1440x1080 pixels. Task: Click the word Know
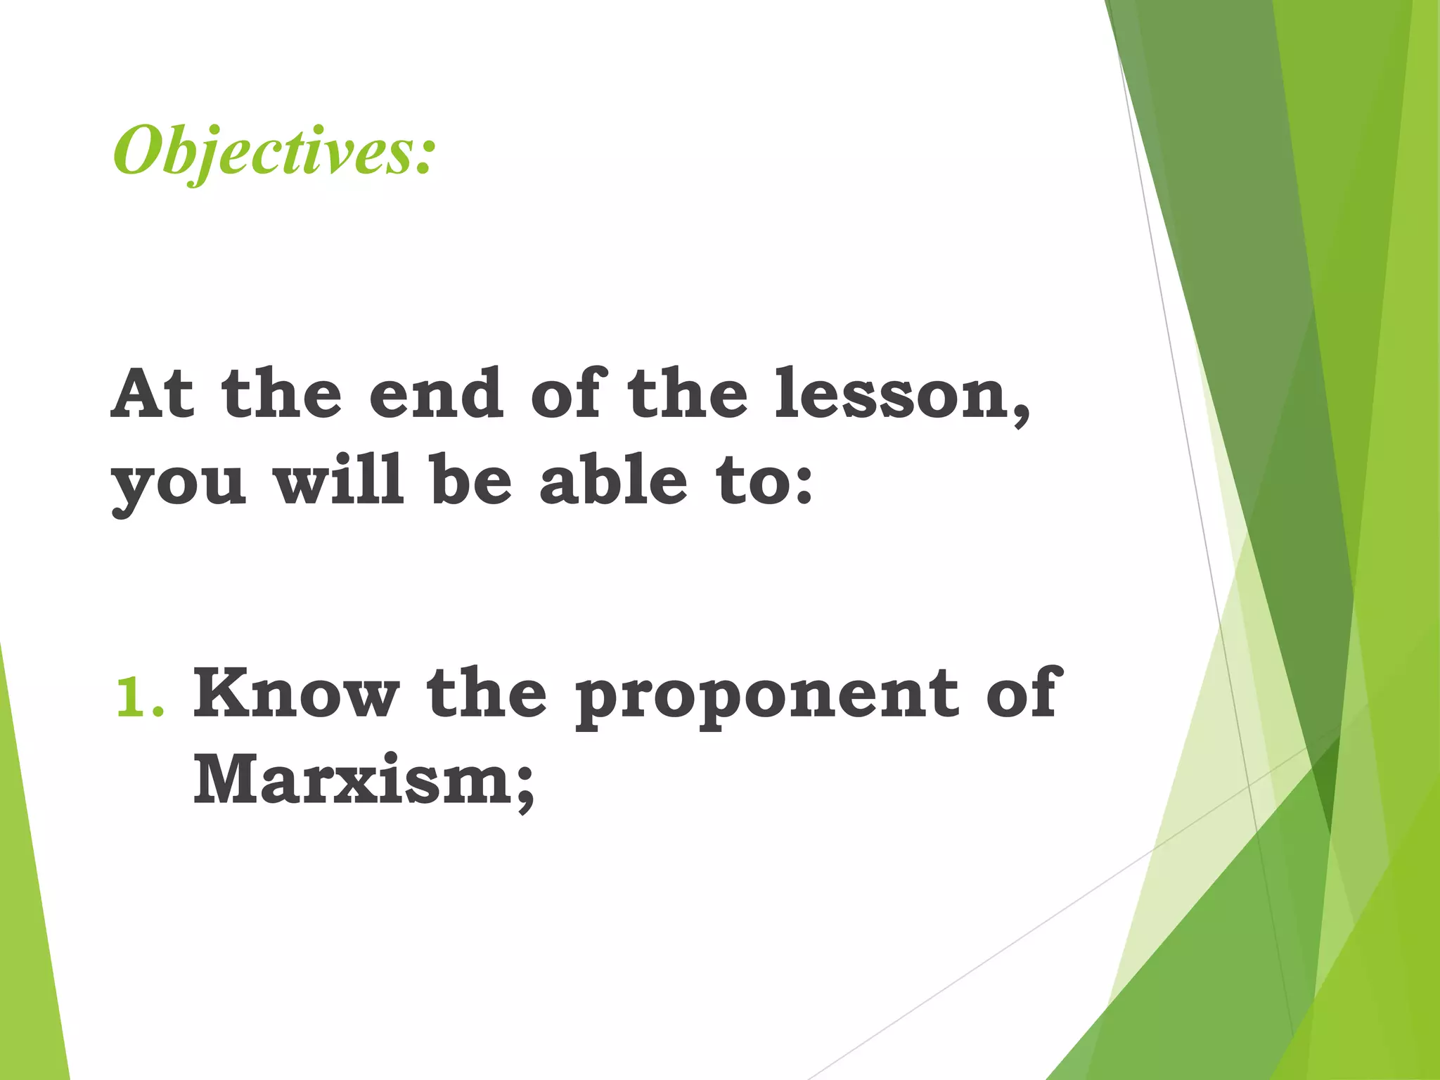coord(296,693)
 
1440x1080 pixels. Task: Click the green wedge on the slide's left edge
coord(32,914)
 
